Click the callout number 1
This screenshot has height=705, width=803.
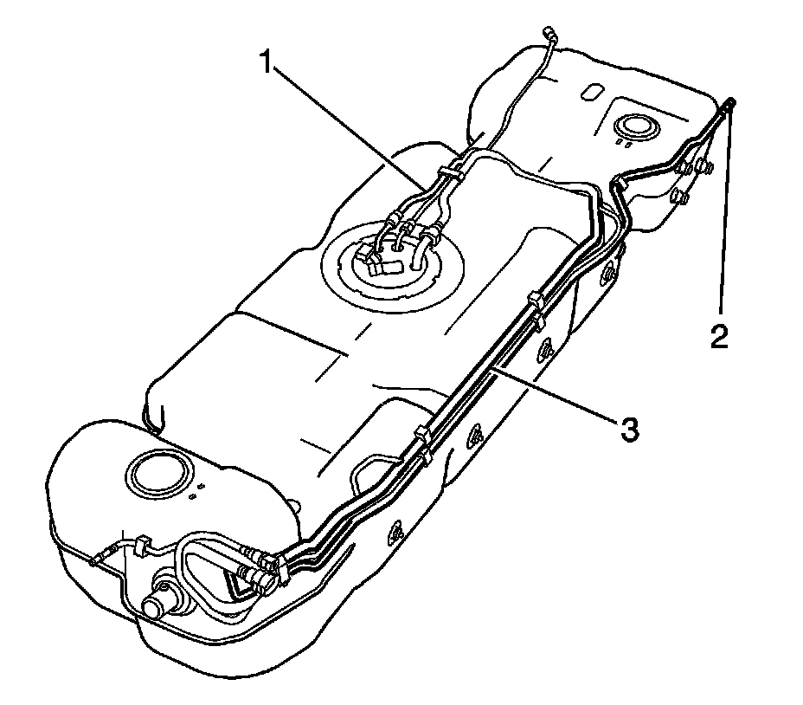point(270,63)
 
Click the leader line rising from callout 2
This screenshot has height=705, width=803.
point(725,217)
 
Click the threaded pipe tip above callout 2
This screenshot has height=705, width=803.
point(729,106)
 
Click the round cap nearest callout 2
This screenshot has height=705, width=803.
point(635,127)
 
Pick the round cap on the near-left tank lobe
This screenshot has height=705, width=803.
point(157,471)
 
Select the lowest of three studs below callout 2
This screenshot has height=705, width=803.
point(680,199)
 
